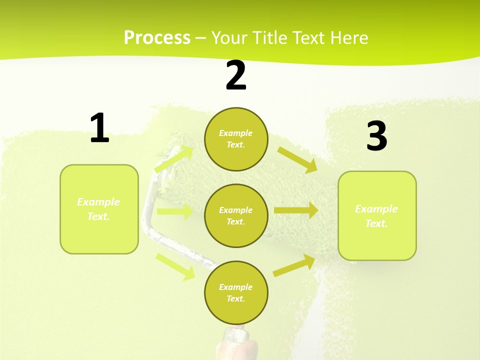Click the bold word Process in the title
pos(157,38)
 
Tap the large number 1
pos(99,128)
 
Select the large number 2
pos(236,76)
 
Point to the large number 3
pos(376,137)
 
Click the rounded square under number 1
pos(99,209)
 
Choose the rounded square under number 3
pos(377,215)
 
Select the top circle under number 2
pos(236,139)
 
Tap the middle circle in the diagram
pos(236,215)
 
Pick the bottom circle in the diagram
pos(236,292)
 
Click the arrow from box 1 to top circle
pos(174,159)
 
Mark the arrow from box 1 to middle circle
pos(175,211)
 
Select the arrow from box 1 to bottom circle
pos(175,266)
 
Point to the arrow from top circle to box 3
pos(297,159)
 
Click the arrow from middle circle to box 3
pos(295,210)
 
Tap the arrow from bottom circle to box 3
pos(294,265)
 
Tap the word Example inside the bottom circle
pos(235,287)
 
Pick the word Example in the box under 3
pos(376,209)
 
